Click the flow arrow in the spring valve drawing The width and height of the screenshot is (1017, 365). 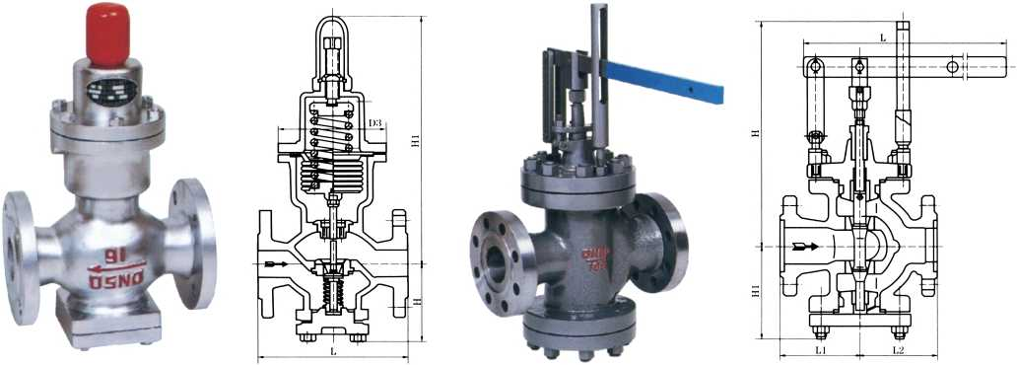pyautogui.click(x=279, y=264)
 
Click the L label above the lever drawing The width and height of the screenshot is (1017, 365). pyautogui.click(x=882, y=36)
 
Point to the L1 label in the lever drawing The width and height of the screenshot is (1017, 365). pyautogui.click(x=818, y=350)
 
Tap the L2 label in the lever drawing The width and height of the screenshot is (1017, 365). pyautogui.click(x=899, y=350)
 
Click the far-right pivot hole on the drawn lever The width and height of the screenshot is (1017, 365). pyautogui.click(x=954, y=66)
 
